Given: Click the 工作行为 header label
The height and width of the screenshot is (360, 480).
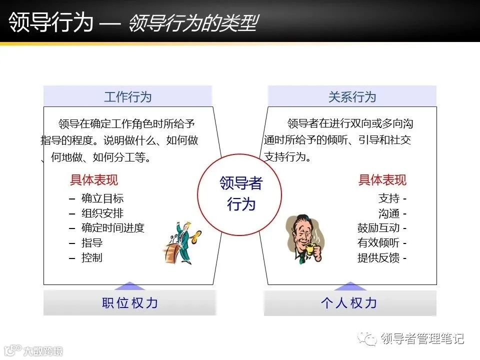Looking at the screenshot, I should (x=127, y=96).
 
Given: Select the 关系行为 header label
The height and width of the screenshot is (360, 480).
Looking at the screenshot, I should (x=352, y=96).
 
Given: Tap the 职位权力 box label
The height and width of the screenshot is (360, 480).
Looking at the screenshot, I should (x=130, y=303).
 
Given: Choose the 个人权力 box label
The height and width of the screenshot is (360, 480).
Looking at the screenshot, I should (x=349, y=303).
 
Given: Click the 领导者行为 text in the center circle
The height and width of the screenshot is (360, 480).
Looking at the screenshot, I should (x=240, y=193).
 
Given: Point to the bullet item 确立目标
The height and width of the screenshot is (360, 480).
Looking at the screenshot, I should (x=102, y=198).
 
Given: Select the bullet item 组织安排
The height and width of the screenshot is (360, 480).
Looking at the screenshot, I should (x=102, y=213).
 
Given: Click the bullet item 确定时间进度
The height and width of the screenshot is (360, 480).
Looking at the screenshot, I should (x=112, y=228).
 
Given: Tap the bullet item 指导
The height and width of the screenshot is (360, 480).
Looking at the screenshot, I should (x=92, y=243).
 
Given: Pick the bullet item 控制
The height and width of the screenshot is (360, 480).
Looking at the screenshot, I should (x=92, y=258).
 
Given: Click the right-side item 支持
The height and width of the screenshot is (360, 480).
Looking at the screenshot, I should (x=389, y=198).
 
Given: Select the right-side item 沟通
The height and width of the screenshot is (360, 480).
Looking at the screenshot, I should (x=389, y=213).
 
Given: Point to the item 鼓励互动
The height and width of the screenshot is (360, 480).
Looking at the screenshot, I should (x=378, y=228).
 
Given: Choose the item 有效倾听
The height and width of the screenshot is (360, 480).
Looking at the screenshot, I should (x=378, y=243).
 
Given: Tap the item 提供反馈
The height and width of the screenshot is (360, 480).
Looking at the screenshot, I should (x=378, y=258).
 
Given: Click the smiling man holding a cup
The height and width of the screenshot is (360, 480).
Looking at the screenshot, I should (x=304, y=239).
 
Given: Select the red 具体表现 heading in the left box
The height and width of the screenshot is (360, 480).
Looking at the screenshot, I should (x=94, y=180).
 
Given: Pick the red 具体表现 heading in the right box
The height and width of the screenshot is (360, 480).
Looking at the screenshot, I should (x=382, y=180).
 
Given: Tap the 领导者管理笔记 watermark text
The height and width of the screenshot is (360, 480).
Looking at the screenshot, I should (x=422, y=338).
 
